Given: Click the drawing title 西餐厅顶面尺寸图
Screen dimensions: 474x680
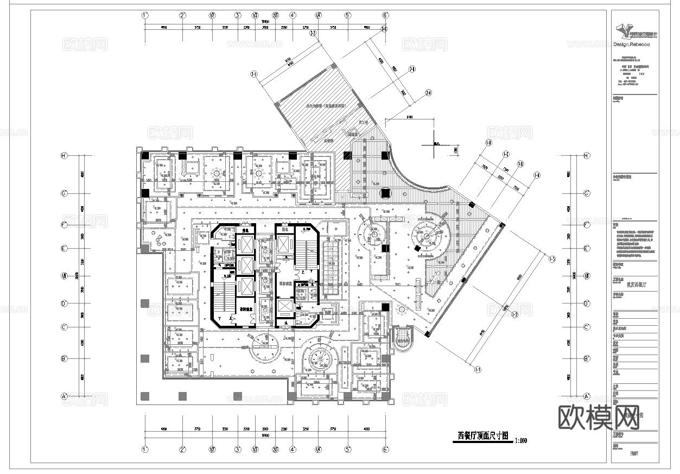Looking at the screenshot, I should coord(482,435).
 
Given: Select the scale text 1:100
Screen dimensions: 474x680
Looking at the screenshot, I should coord(520,440).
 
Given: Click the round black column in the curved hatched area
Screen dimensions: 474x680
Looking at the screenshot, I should coord(387,193).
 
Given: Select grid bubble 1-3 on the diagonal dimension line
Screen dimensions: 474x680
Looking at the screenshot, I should coord(552,258).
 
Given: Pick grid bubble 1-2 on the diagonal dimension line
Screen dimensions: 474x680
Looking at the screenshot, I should coord(515,314).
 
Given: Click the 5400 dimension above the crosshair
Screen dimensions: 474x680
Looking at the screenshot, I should coord(409,117).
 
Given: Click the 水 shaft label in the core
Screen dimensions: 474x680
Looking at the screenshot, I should coord(287,323).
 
